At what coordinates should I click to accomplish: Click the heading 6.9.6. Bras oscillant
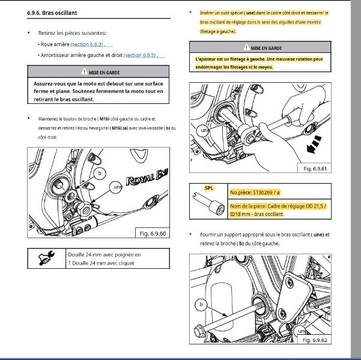pos(52,13)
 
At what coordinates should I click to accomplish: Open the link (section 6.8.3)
pos(88,44)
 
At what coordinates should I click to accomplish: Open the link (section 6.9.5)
pos(141,55)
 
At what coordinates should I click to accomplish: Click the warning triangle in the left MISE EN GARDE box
pos(84,72)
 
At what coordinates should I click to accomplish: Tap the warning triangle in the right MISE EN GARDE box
pos(246,47)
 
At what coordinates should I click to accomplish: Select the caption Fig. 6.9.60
pos(153,233)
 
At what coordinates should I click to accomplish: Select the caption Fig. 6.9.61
pos(315,169)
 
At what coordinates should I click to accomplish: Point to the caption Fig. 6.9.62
pos(315,340)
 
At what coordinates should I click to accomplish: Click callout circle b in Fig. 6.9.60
pos(100,173)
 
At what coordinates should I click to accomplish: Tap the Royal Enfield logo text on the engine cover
pos(147,178)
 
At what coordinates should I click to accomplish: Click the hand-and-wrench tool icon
pos(46,258)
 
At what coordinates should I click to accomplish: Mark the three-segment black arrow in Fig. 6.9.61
pos(314,144)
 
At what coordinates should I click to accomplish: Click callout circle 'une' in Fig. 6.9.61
pos(203,130)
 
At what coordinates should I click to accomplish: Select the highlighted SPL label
pos(209,188)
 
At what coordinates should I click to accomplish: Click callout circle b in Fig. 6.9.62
pos(201,305)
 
